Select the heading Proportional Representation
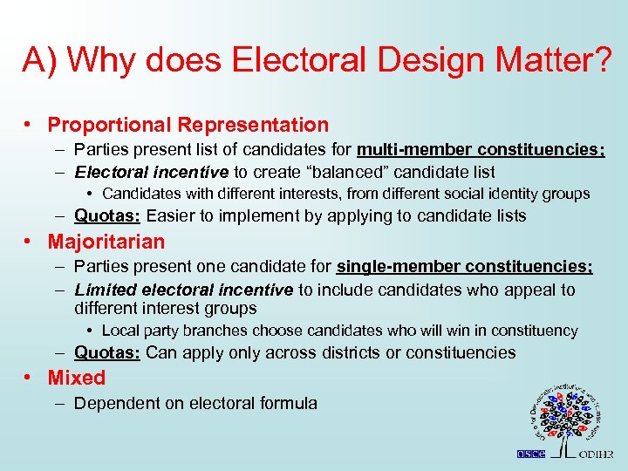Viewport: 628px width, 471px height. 188,126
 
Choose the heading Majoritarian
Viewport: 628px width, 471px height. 106,241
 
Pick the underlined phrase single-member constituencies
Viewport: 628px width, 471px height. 464,266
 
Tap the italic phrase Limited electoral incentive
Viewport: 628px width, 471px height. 183,289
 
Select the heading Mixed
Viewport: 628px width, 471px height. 77,378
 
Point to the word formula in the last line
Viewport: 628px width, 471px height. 289,403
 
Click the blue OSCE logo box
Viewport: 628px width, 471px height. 529,454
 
